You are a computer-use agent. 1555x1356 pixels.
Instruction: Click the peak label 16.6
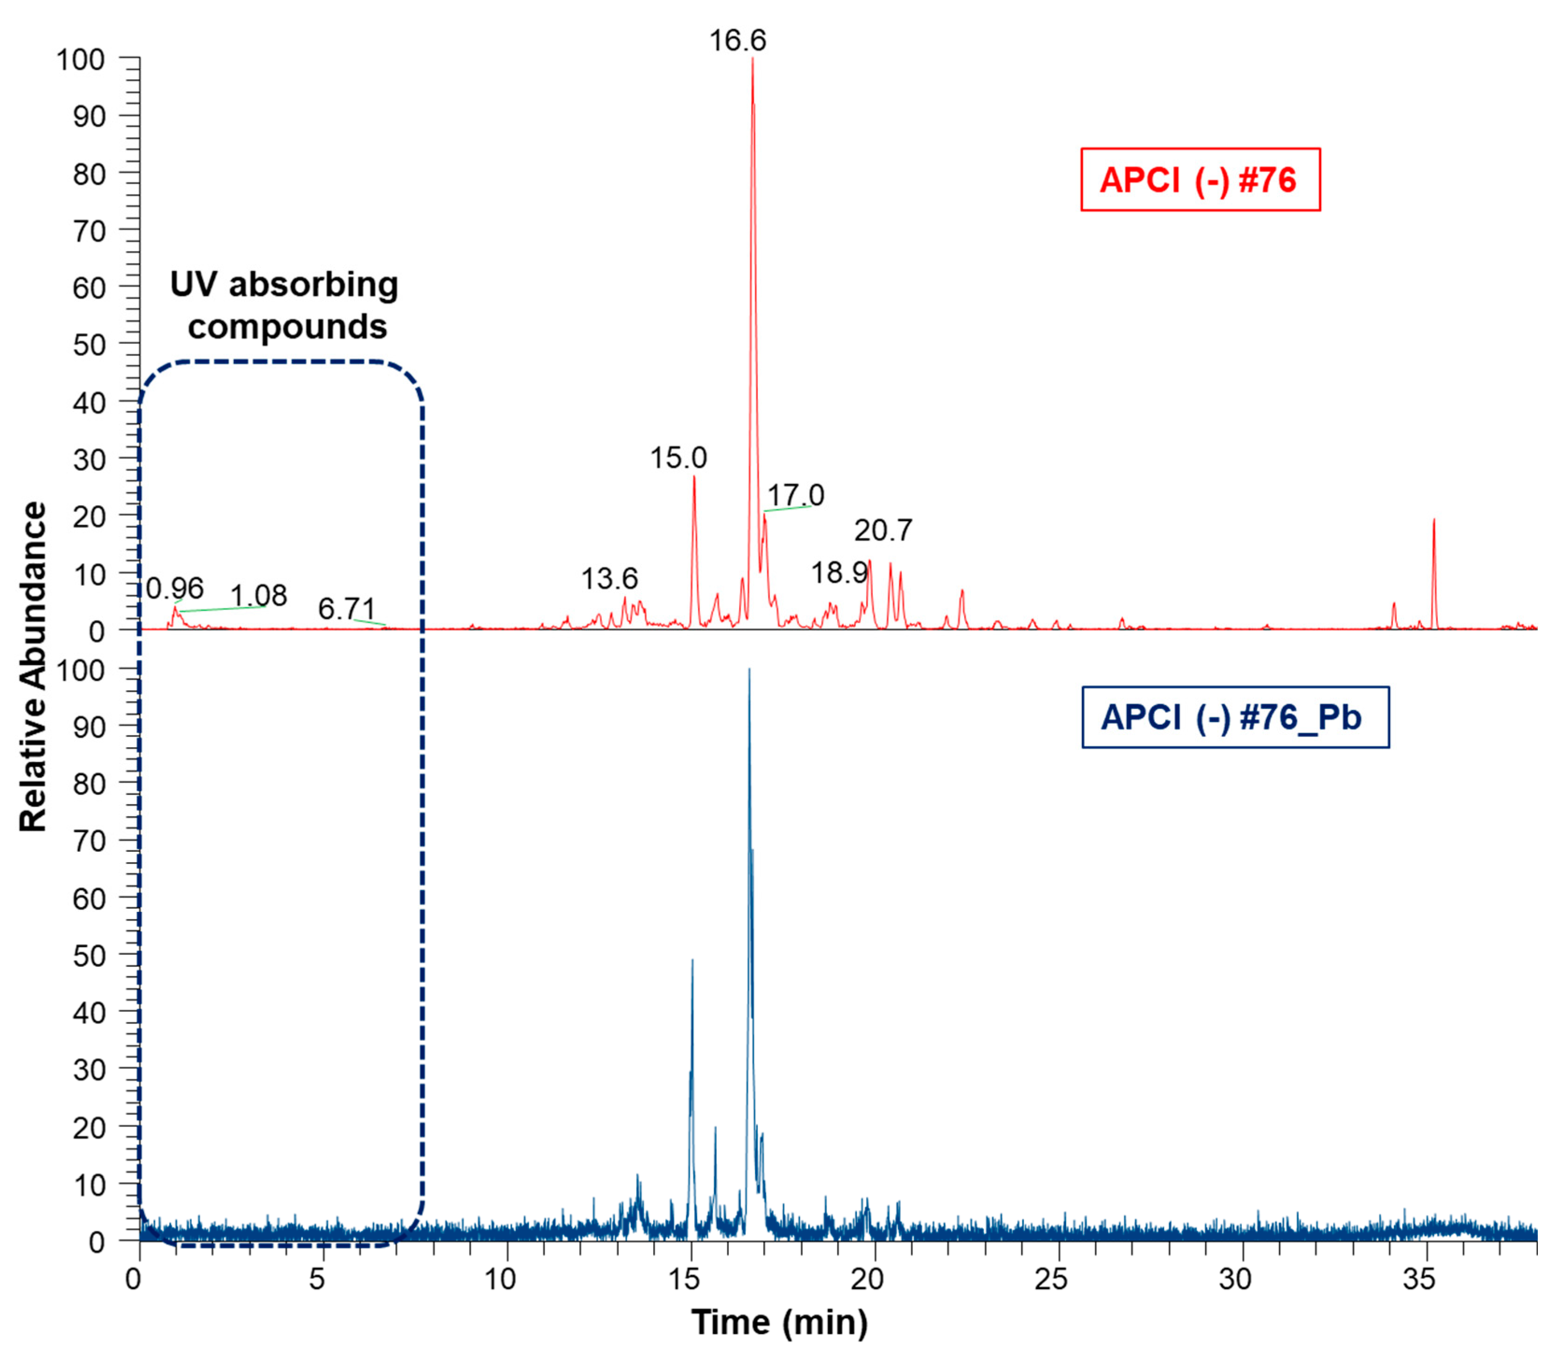(x=737, y=40)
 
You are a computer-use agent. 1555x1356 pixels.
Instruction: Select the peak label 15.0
(x=679, y=458)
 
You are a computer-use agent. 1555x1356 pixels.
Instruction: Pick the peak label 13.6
(x=609, y=579)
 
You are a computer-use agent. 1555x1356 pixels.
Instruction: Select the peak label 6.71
(x=346, y=608)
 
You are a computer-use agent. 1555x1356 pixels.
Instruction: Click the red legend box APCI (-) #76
(x=1200, y=180)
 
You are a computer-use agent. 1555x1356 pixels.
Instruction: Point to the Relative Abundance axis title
(x=33, y=666)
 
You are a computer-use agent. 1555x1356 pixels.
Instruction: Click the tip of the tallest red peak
(x=752, y=59)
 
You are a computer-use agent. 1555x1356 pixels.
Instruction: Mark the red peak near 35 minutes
(x=1433, y=521)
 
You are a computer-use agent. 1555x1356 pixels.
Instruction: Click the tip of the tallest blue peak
(x=749, y=670)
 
